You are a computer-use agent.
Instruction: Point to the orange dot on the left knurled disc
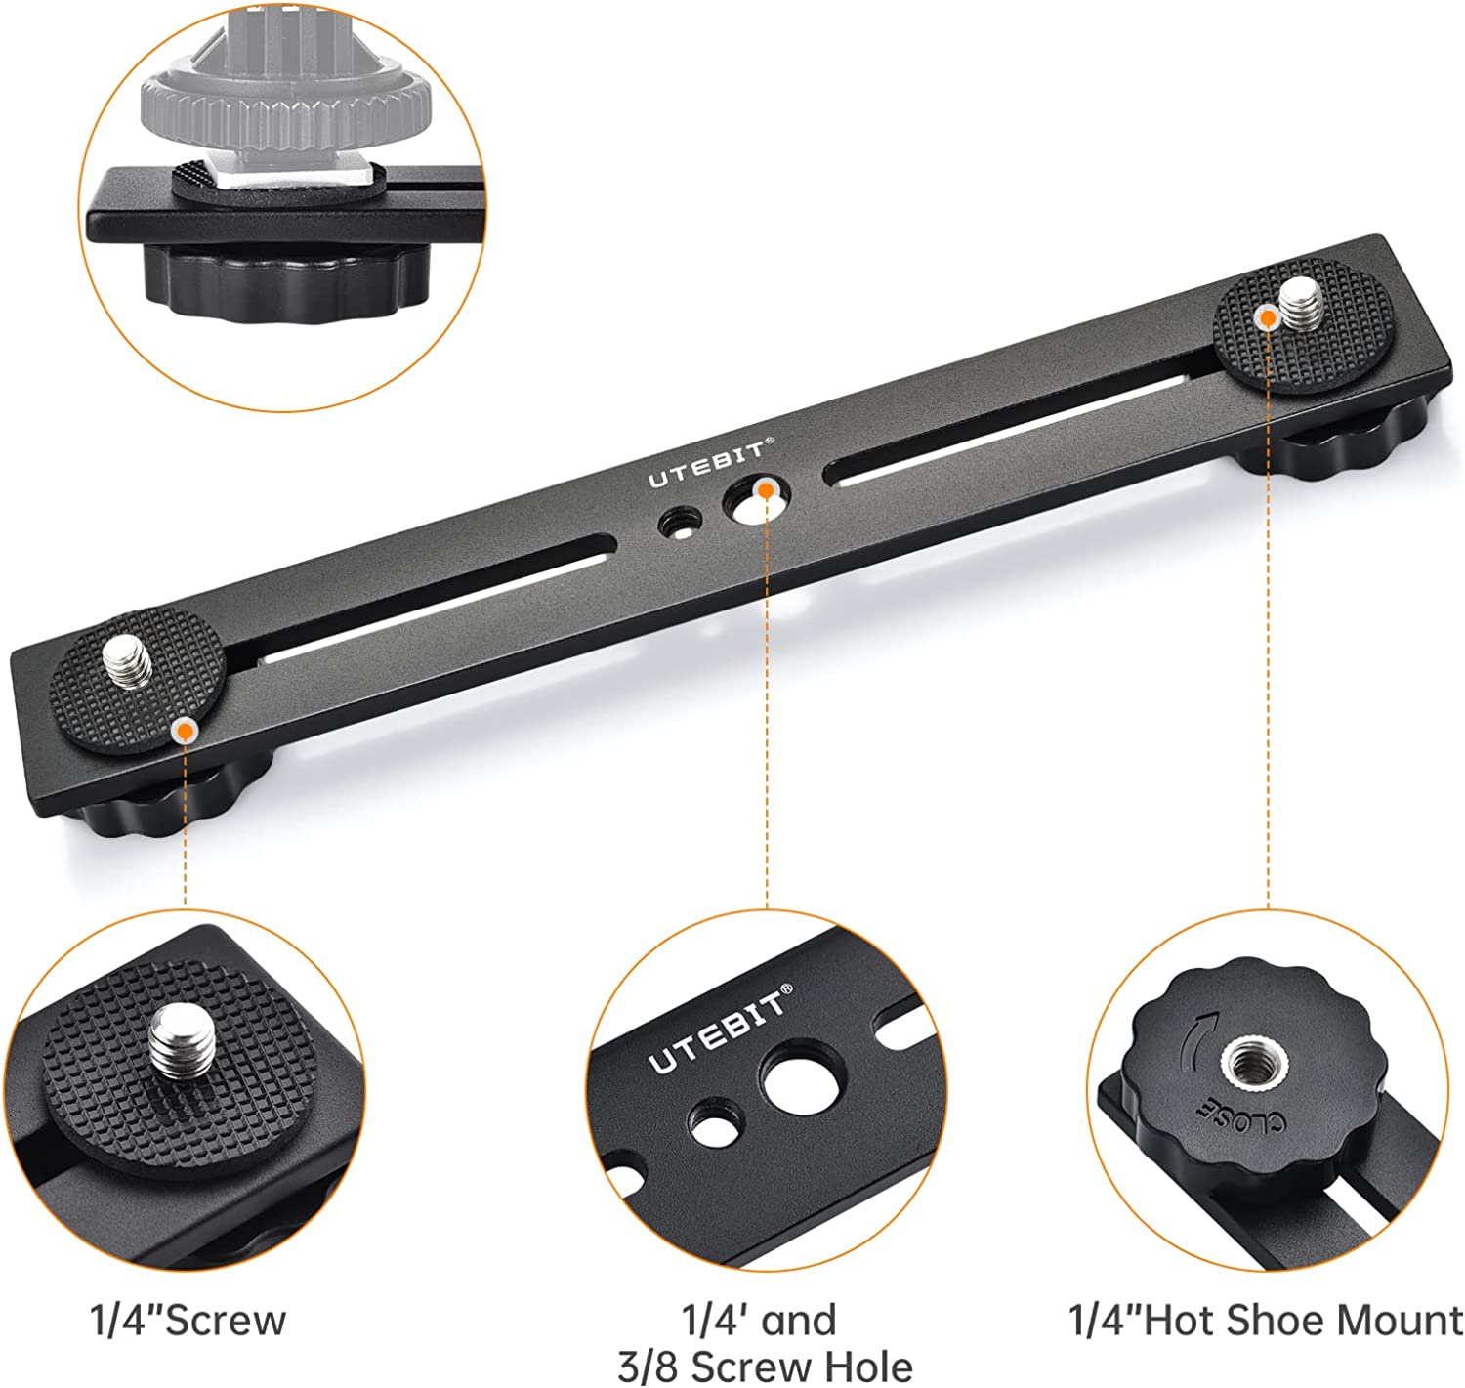tap(184, 731)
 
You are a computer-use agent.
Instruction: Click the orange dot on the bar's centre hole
tap(766, 489)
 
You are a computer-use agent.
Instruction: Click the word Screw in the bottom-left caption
tap(225, 1321)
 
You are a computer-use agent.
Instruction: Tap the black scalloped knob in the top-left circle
tap(287, 281)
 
